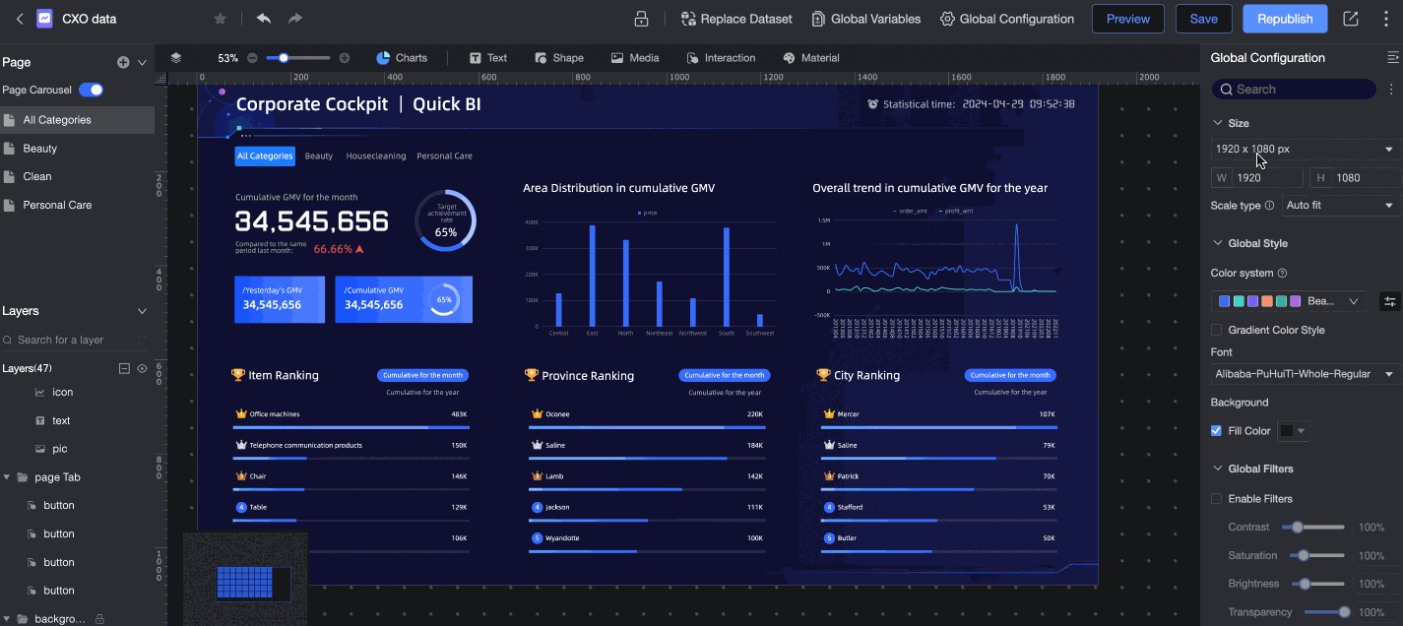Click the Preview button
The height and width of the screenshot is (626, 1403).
pyautogui.click(x=1127, y=19)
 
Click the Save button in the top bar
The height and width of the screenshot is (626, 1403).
pyautogui.click(x=1203, y=19)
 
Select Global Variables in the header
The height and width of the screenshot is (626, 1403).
pyautogui.click(x=866, y=19)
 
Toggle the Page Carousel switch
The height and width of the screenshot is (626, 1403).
pyautogui.click(x=92, y=90)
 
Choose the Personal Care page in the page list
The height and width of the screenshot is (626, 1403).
pyautogui.click(x=57, y=205)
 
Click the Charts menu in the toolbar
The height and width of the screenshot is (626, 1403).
pyautogui.click(x=402, y=58)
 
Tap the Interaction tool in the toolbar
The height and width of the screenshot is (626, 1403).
pyautogui.click(x=721, y=58)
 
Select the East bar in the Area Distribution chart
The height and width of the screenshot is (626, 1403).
pyautogui.click(x=592, y=276)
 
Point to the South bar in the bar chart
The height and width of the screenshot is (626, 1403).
pyautogui.click(x=727, y=277)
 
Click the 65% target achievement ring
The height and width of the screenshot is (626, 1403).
pyautogui.click(x=445, y=220)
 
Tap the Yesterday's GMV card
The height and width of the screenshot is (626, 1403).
pyautogui.click(x=280, y=299)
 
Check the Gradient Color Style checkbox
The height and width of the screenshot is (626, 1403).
pyautogui.click(x=1217, y=330)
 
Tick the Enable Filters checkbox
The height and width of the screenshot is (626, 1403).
pyautogui.click(x=1217, y=499)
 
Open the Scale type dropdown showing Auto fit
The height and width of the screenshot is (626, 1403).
pyautogui.click(x=1340, y=206)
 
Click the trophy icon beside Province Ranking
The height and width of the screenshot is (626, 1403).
pyautogui.click(x=532, y=375)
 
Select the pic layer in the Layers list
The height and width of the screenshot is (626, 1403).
pyautogui.click(x=60, y=449)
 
